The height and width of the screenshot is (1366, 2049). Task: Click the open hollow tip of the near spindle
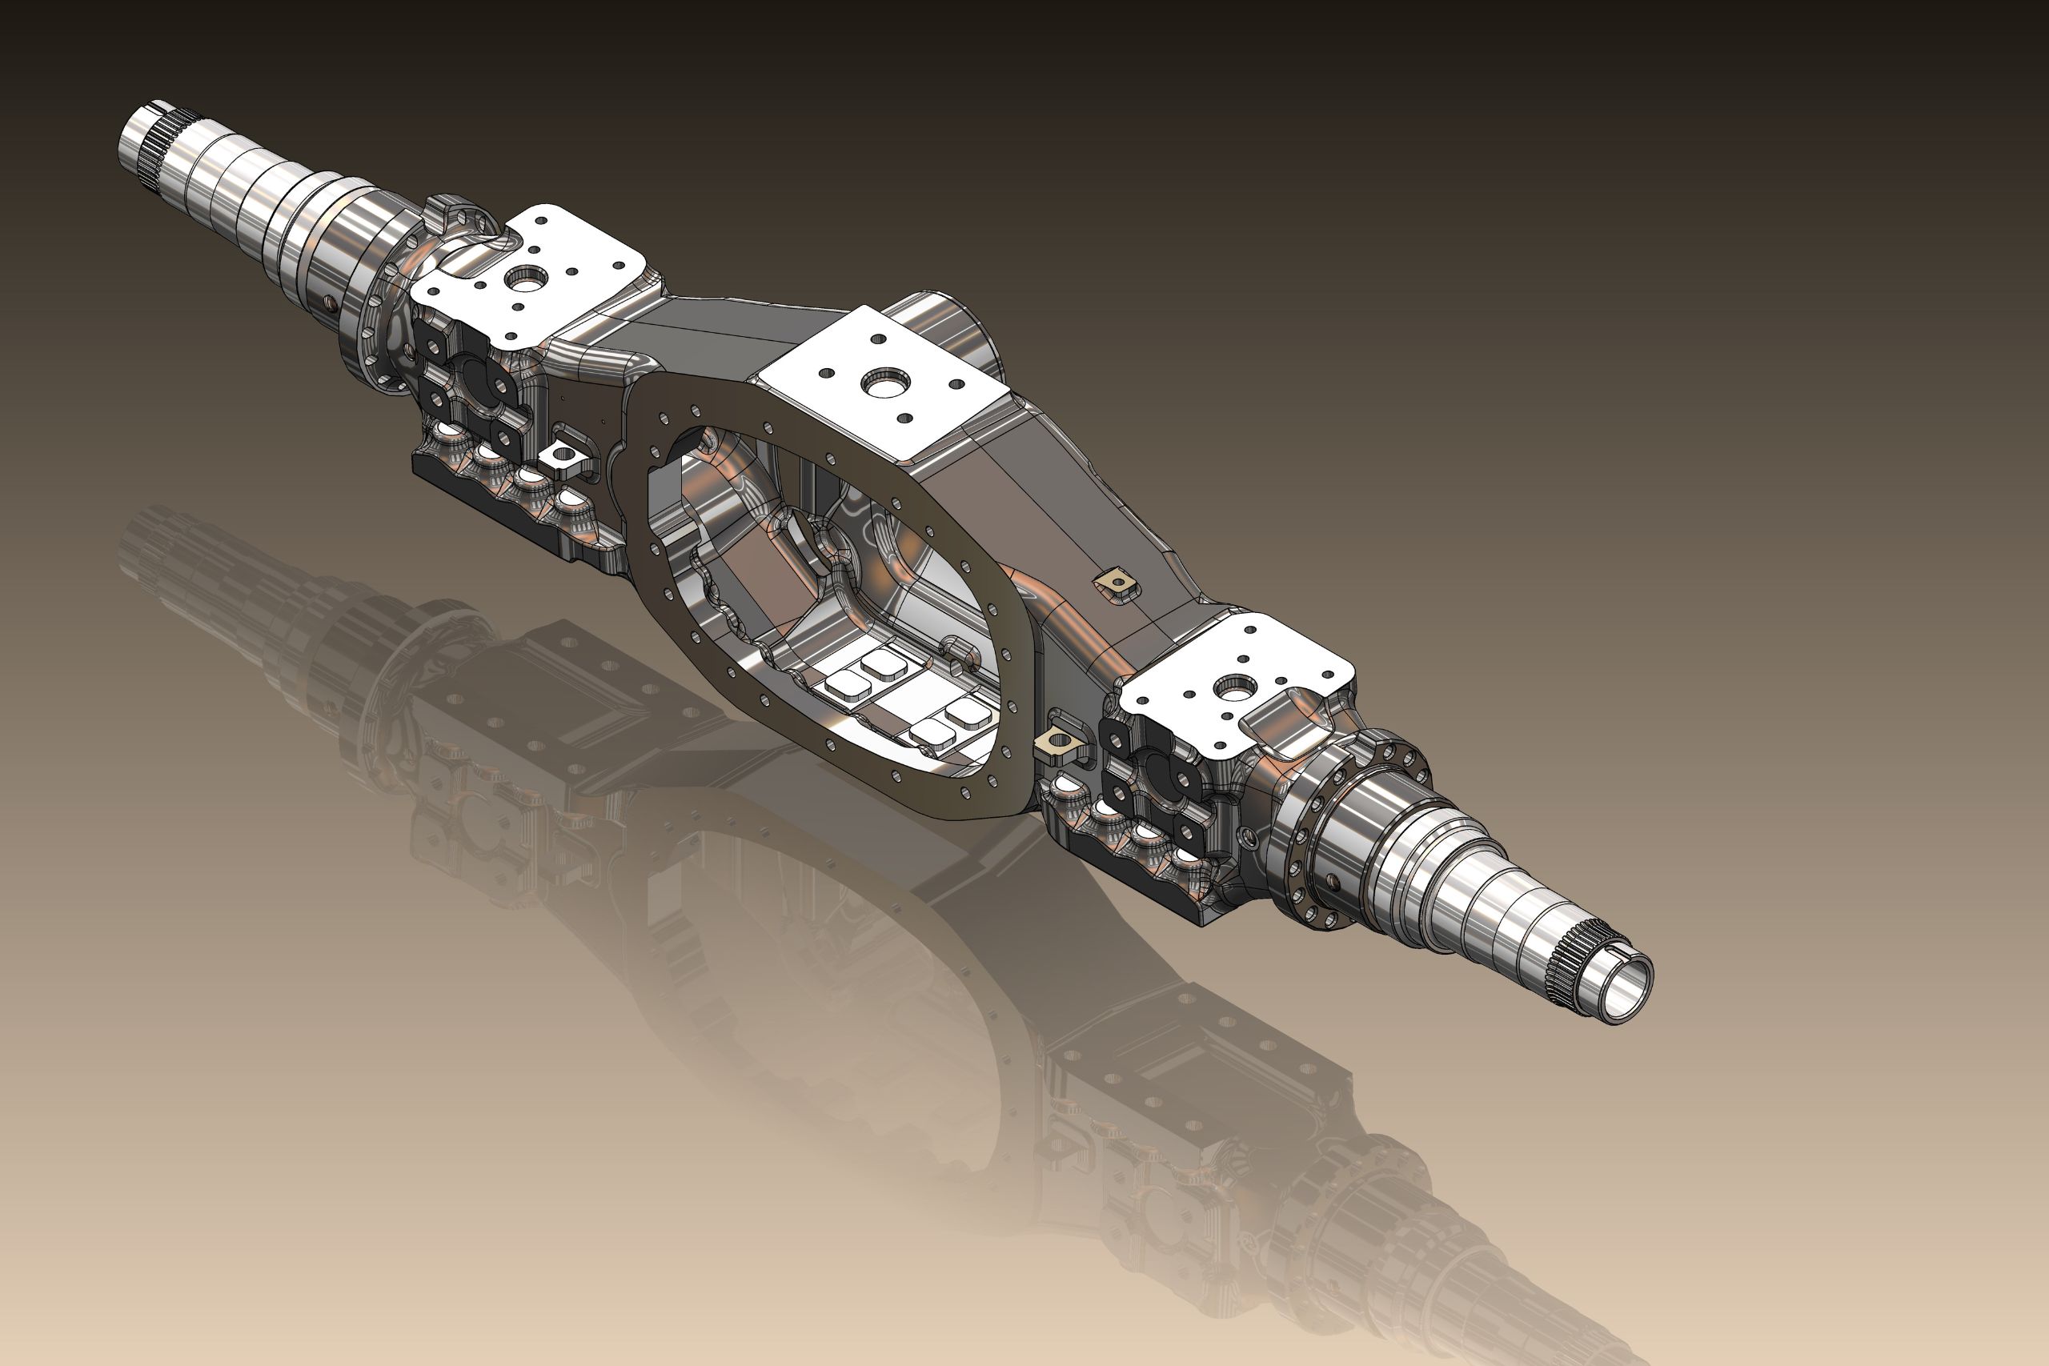click(x=1626, y=994)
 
